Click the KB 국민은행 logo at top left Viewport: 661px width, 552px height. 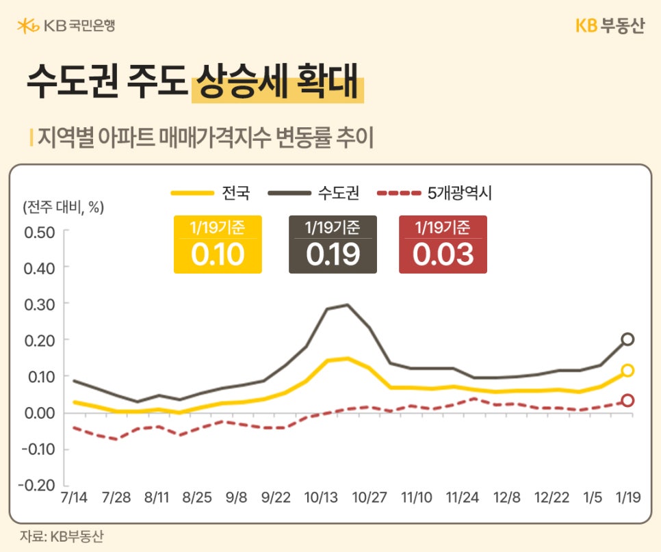tap(66, 27)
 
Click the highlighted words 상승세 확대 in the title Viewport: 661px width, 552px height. tap(277, 83)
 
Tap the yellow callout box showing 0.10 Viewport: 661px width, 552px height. tap(218, 245)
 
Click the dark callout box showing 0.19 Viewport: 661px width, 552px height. tap(333, 245)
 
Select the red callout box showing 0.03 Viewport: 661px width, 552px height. tap(443, 245)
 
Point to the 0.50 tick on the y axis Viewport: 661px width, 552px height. tap(39, 231)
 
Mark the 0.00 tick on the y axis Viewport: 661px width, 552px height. tap(39, 413)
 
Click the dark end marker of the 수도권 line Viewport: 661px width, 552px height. tap(627, 339)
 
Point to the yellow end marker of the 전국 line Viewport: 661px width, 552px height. tap(627, 371)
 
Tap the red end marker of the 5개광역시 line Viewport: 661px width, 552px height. tap(627, 401)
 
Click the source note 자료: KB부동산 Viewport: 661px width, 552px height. tap(62, 536)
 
